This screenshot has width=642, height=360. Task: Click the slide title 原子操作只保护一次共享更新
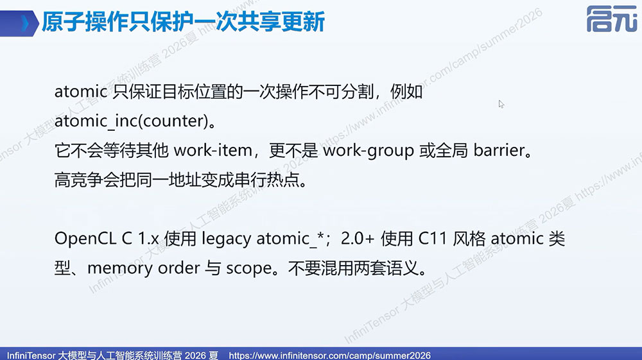coord(183,22)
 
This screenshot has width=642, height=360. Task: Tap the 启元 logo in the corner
coord(612,19)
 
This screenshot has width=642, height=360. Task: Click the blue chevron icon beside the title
coord(26,23)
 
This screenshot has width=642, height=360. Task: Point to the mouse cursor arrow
coord(501,104)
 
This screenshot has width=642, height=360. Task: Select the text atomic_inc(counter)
coord(132,121)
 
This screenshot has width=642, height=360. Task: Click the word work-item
coord(213,151)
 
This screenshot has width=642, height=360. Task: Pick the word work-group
coord(369,151)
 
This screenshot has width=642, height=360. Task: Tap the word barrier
coord(499,151)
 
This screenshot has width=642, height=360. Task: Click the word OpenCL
coord(85,239)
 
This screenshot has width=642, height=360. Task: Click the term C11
coord(432,239)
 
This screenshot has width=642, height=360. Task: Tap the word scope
coord(249,269)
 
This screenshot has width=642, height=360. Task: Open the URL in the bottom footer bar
coord(329,355)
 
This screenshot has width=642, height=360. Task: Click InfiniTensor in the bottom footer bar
coord(31,355)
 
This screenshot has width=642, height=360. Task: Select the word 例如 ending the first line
coord(406,92)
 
